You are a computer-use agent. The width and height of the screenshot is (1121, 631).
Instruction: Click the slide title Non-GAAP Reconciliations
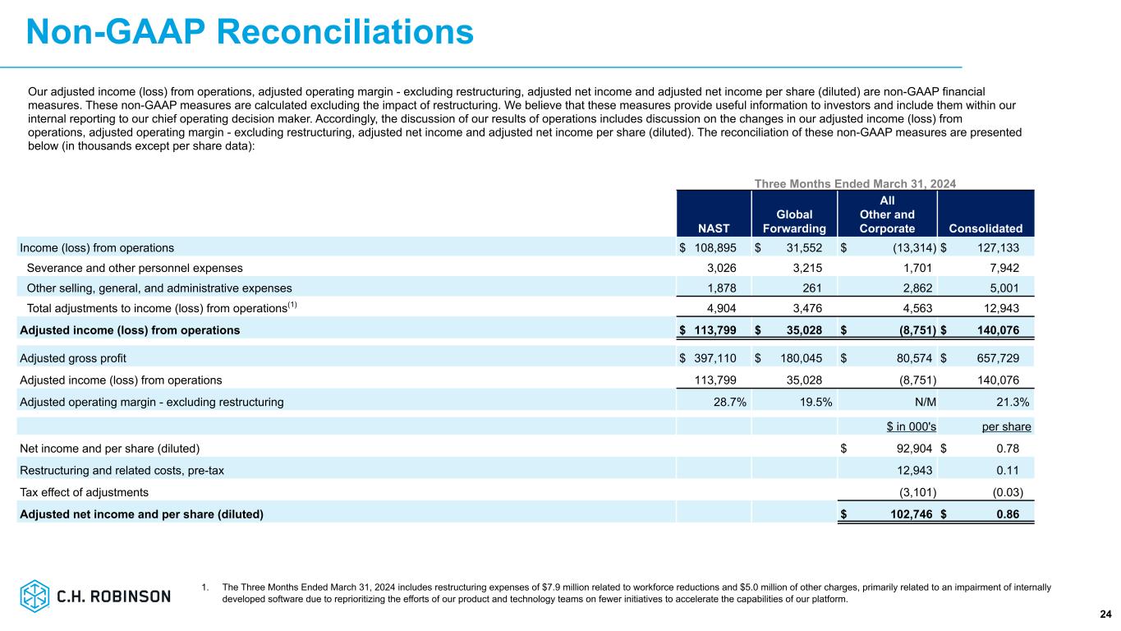coord(250,32)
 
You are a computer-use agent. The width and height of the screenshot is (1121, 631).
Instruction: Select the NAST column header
coord(712,228)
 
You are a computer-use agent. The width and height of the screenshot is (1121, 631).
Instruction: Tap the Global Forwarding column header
coord(794,222)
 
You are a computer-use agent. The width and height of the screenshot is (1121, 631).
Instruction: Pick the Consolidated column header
coord(985,228)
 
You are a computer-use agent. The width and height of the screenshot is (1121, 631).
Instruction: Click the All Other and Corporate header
coord(887,214)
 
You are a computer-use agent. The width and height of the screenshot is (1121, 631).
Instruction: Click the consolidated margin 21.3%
coord(1015,403)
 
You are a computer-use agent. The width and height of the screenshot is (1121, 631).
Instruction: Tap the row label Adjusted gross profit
coord(73,358)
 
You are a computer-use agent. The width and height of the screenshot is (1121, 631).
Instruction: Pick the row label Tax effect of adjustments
coord(85,493)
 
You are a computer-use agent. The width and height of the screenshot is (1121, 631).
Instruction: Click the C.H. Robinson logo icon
coord(35,595)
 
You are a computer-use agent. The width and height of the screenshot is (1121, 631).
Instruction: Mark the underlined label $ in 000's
coord(912,426)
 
